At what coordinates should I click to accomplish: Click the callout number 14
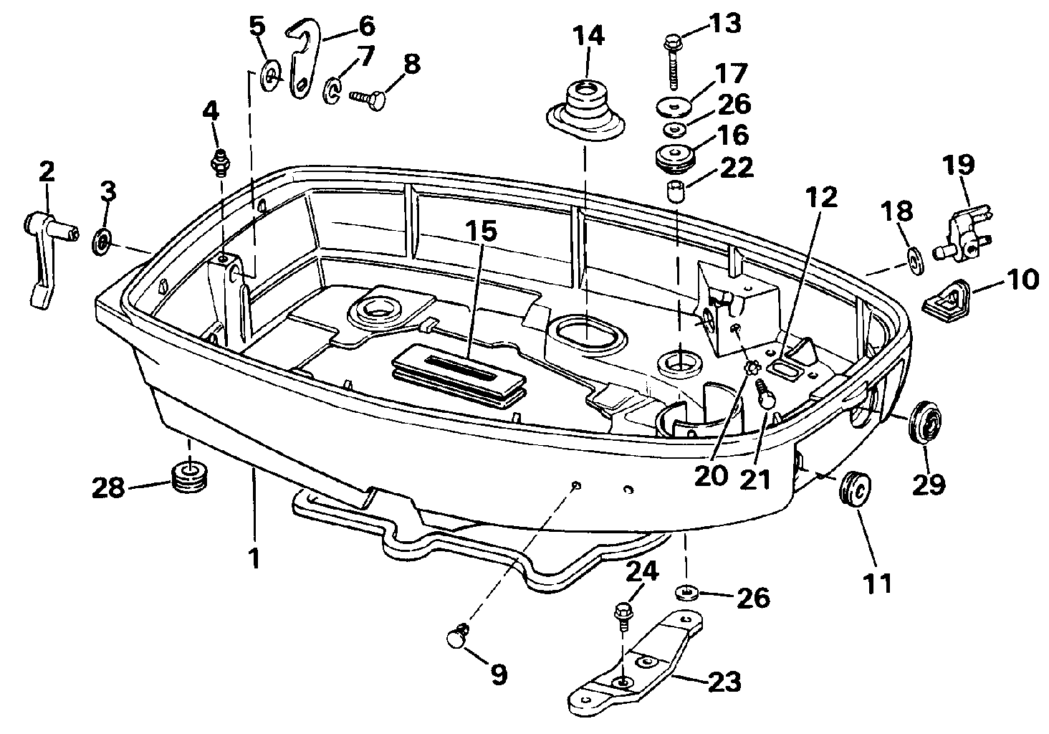point(588,36)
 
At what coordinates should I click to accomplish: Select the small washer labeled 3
point(101,242)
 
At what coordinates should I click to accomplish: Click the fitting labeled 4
point(220,163)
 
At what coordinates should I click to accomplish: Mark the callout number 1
point(254,559)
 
